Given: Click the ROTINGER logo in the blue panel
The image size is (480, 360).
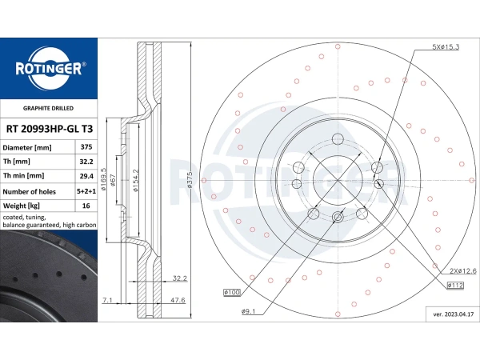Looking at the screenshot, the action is coord(50,68).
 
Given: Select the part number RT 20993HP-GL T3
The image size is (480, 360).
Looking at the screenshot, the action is coord(50,129).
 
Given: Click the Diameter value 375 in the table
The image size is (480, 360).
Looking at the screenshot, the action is coord(86,147).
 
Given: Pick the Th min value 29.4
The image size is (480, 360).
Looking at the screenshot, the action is coord(86,176).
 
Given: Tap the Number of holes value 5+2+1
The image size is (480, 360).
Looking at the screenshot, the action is coord(86,192).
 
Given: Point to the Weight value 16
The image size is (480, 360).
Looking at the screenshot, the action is coord(86,206).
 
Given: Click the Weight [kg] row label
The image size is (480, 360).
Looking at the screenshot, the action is coord(22,206).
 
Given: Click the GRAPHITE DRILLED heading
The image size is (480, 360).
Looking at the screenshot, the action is coord(48,108).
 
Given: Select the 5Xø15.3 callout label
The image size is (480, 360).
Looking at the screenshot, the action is coord(446,47).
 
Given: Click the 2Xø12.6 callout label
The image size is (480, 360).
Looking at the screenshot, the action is coord(463,271).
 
